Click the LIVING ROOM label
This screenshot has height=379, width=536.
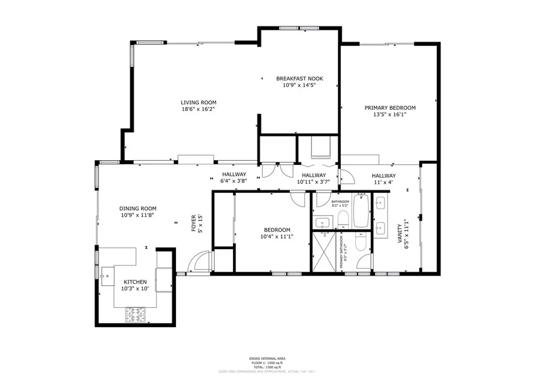pos(198,103)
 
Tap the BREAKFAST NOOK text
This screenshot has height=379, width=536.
pos(299,79)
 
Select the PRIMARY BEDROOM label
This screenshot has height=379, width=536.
pos(390,108)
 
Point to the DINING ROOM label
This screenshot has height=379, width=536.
pos(138,208)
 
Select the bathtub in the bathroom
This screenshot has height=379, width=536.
pos(361,210)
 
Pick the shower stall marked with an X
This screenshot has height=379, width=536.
pos(324,252)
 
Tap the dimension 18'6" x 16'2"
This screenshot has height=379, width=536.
pos(198,109)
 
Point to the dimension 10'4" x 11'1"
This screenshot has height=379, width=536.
pos(277,236)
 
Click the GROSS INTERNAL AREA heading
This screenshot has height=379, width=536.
pos(267,359)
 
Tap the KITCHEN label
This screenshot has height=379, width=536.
pos(135,282)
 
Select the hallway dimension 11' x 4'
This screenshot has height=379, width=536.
pos(384,182)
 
